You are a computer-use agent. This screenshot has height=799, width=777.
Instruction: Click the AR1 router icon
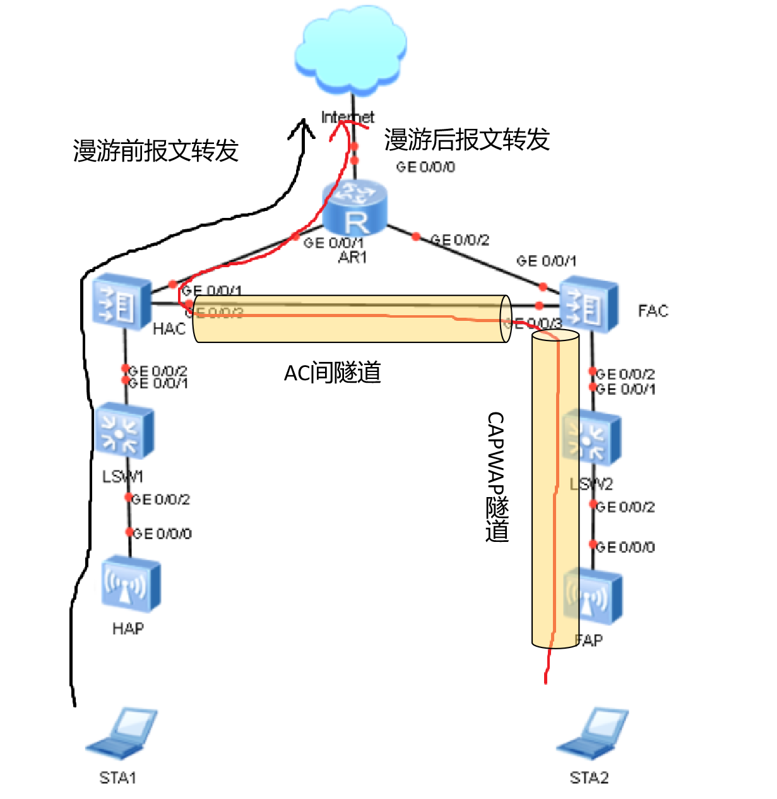coord(354,207)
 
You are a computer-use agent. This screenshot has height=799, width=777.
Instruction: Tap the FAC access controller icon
coord(588,306)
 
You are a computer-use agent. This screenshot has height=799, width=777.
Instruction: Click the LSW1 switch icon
coord(124,431)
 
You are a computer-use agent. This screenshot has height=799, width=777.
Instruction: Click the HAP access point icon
coord(130,584)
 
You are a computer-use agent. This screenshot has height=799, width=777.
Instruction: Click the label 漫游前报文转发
coord(155,150)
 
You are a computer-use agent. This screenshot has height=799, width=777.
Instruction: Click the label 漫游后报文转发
coord(467,140)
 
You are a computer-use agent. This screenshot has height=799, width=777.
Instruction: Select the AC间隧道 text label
coord(333,373)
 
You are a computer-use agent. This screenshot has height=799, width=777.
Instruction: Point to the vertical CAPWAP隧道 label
coord(497,477)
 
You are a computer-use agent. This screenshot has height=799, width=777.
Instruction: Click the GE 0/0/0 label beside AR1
coord(425,167)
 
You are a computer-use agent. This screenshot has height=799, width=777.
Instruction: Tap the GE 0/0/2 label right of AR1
coord(460,240)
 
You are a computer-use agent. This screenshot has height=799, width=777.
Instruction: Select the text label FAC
coord(653,311)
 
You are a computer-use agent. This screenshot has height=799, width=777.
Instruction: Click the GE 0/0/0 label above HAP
coord(162,534)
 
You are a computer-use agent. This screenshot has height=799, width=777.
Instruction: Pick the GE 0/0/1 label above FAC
coord(546,261)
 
